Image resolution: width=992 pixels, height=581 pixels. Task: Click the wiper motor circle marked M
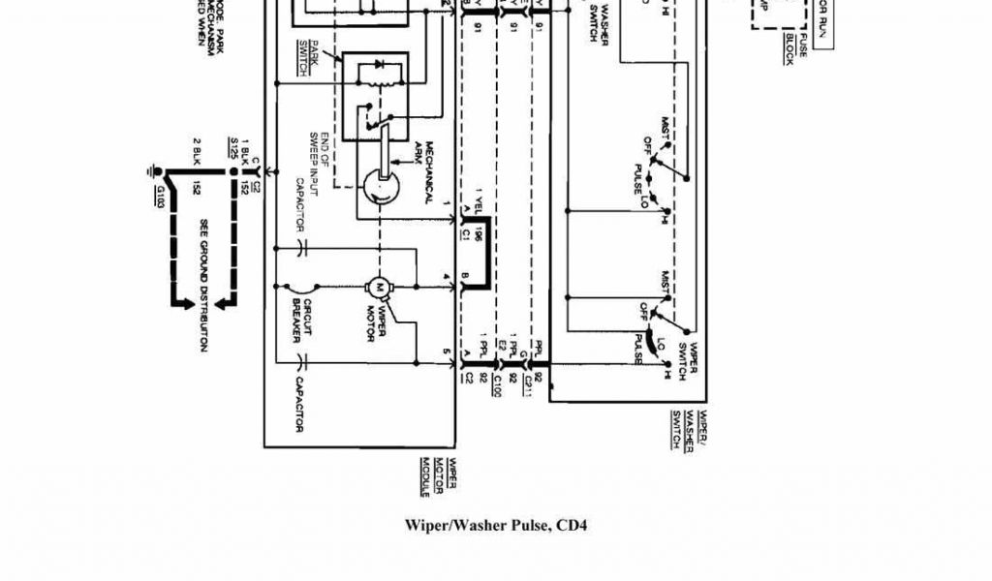tap(378, 287)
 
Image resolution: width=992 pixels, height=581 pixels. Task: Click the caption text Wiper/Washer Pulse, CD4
tap(496, 526)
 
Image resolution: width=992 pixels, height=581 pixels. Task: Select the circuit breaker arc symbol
tap(302, 287)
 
